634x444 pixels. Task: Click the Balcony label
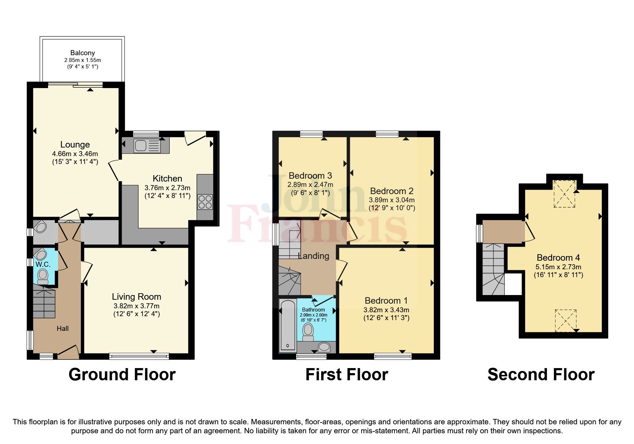point(82,53)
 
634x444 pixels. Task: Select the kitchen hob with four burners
point(205,202)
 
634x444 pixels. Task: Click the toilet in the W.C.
point(43,276)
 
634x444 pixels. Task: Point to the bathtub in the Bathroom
point(287,325)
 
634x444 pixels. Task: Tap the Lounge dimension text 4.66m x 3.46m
point(75,154)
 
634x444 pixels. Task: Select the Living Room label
point(136,296)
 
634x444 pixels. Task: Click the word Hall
point(63,328)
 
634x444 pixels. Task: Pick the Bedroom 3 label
point(310,175)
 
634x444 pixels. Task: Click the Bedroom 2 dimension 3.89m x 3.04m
point(392,200)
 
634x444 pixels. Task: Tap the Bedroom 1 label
point(386,300)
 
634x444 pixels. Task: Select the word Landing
point(314,256)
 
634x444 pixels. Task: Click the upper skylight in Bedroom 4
point(565,194)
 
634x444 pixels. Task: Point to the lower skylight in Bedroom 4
point(566,320)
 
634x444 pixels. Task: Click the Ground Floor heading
point(122,375)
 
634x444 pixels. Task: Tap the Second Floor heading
point(541,375)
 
